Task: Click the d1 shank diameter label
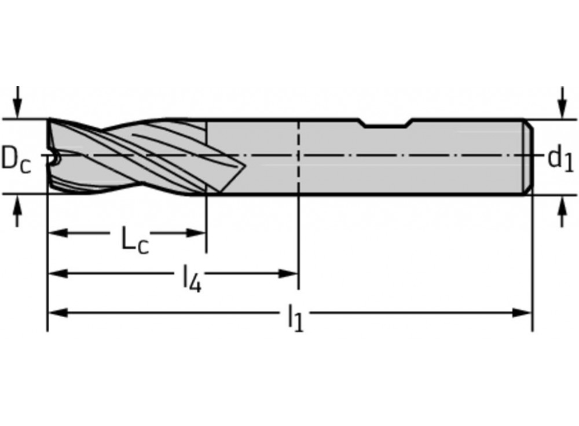(560, 157)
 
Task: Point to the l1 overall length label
(295, 319)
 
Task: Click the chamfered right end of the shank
(529, 156)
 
